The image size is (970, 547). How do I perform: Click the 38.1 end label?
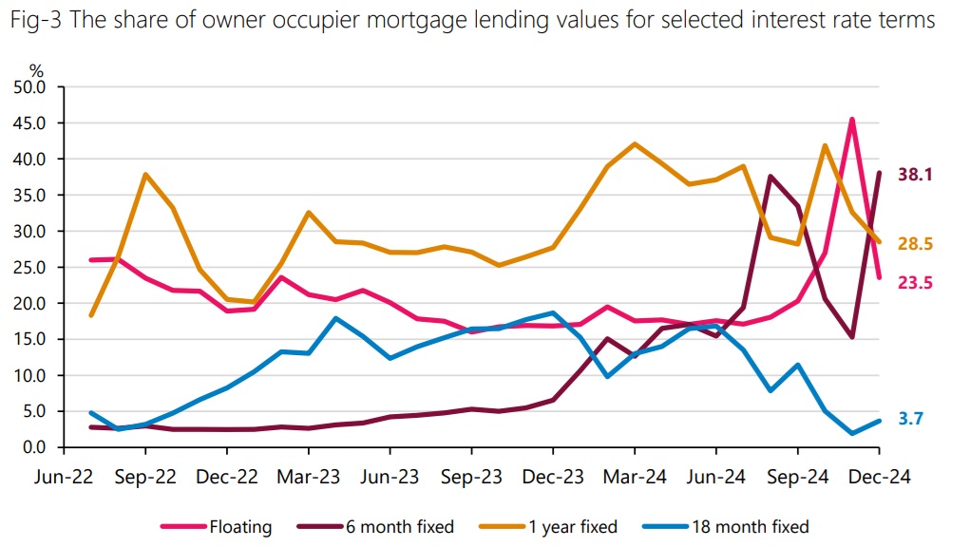(916, 175)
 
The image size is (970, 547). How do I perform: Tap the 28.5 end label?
(916, 244)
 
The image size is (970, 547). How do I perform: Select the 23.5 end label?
(916, 281)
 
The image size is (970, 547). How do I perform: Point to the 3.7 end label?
(912, 418)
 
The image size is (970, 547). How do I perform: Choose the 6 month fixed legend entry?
(400, 526)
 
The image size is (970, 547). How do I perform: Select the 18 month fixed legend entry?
(750, 526)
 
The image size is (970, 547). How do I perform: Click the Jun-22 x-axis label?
(64, 478)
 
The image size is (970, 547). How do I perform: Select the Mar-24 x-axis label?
(635, 478)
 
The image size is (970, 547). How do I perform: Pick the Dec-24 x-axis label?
(879, 478)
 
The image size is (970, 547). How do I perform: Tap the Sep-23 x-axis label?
(471, 478)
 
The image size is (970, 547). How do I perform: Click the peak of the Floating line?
(852, 120)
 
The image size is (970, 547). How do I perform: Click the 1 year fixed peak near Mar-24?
(635, 144)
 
